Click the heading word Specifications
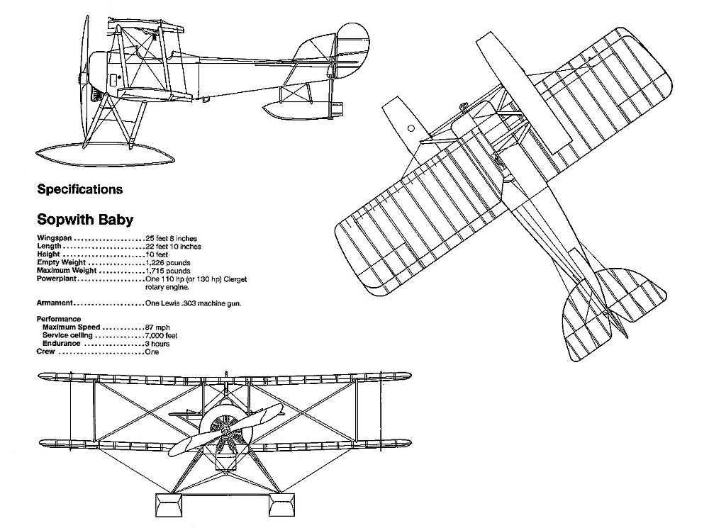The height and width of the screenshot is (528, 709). [x=79, y=189]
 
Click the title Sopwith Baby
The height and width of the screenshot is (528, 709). [x=85, y=219]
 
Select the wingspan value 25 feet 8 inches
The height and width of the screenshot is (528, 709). [x=172, y=238]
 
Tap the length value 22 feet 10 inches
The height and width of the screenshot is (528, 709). [x=173, y=247]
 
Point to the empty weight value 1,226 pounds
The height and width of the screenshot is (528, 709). [x=168, y=263]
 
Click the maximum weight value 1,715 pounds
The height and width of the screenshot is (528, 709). [x=168, y=271]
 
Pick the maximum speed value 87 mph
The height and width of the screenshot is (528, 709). [x=157, y=327]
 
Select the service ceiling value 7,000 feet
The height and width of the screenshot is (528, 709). [x=162, y=335]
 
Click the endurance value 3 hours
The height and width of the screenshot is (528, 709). [x=157, y=344]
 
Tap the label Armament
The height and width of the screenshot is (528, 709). [x=55, y=303]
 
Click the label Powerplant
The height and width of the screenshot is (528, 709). [x=57, y=279]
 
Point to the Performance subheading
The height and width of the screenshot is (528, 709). [x=59, y=319]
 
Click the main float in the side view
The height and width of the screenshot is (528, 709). [x=105, y=154]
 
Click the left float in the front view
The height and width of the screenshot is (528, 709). [x=168, y=505]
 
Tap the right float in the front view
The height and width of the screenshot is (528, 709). [x=282, y=505]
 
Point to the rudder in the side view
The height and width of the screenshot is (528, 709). [x=353, y=50]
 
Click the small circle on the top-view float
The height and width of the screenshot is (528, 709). [x=411, y=128]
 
